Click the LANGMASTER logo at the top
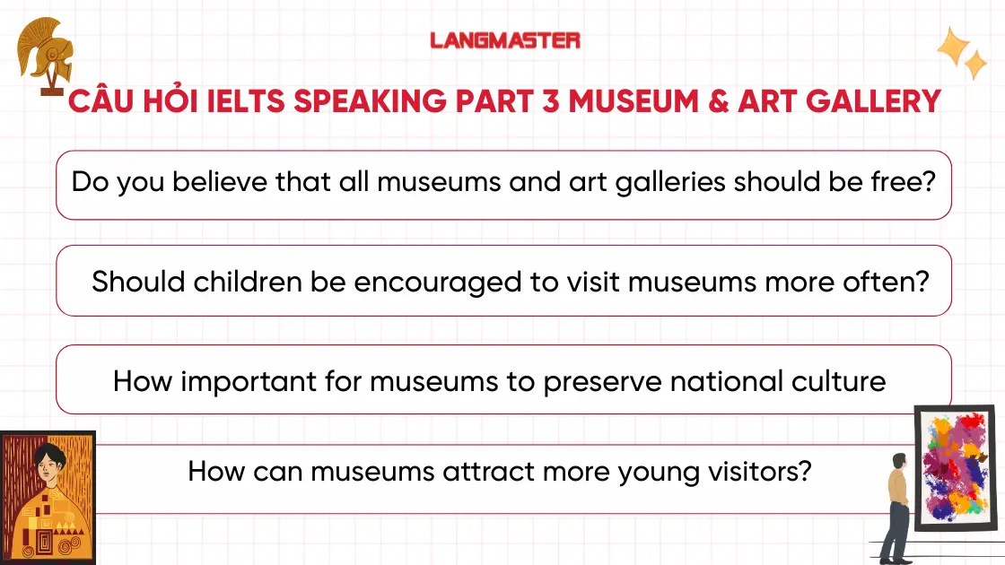tap(504, 40)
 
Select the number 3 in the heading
tap(549, 101)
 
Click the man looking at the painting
tap(895, 507)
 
